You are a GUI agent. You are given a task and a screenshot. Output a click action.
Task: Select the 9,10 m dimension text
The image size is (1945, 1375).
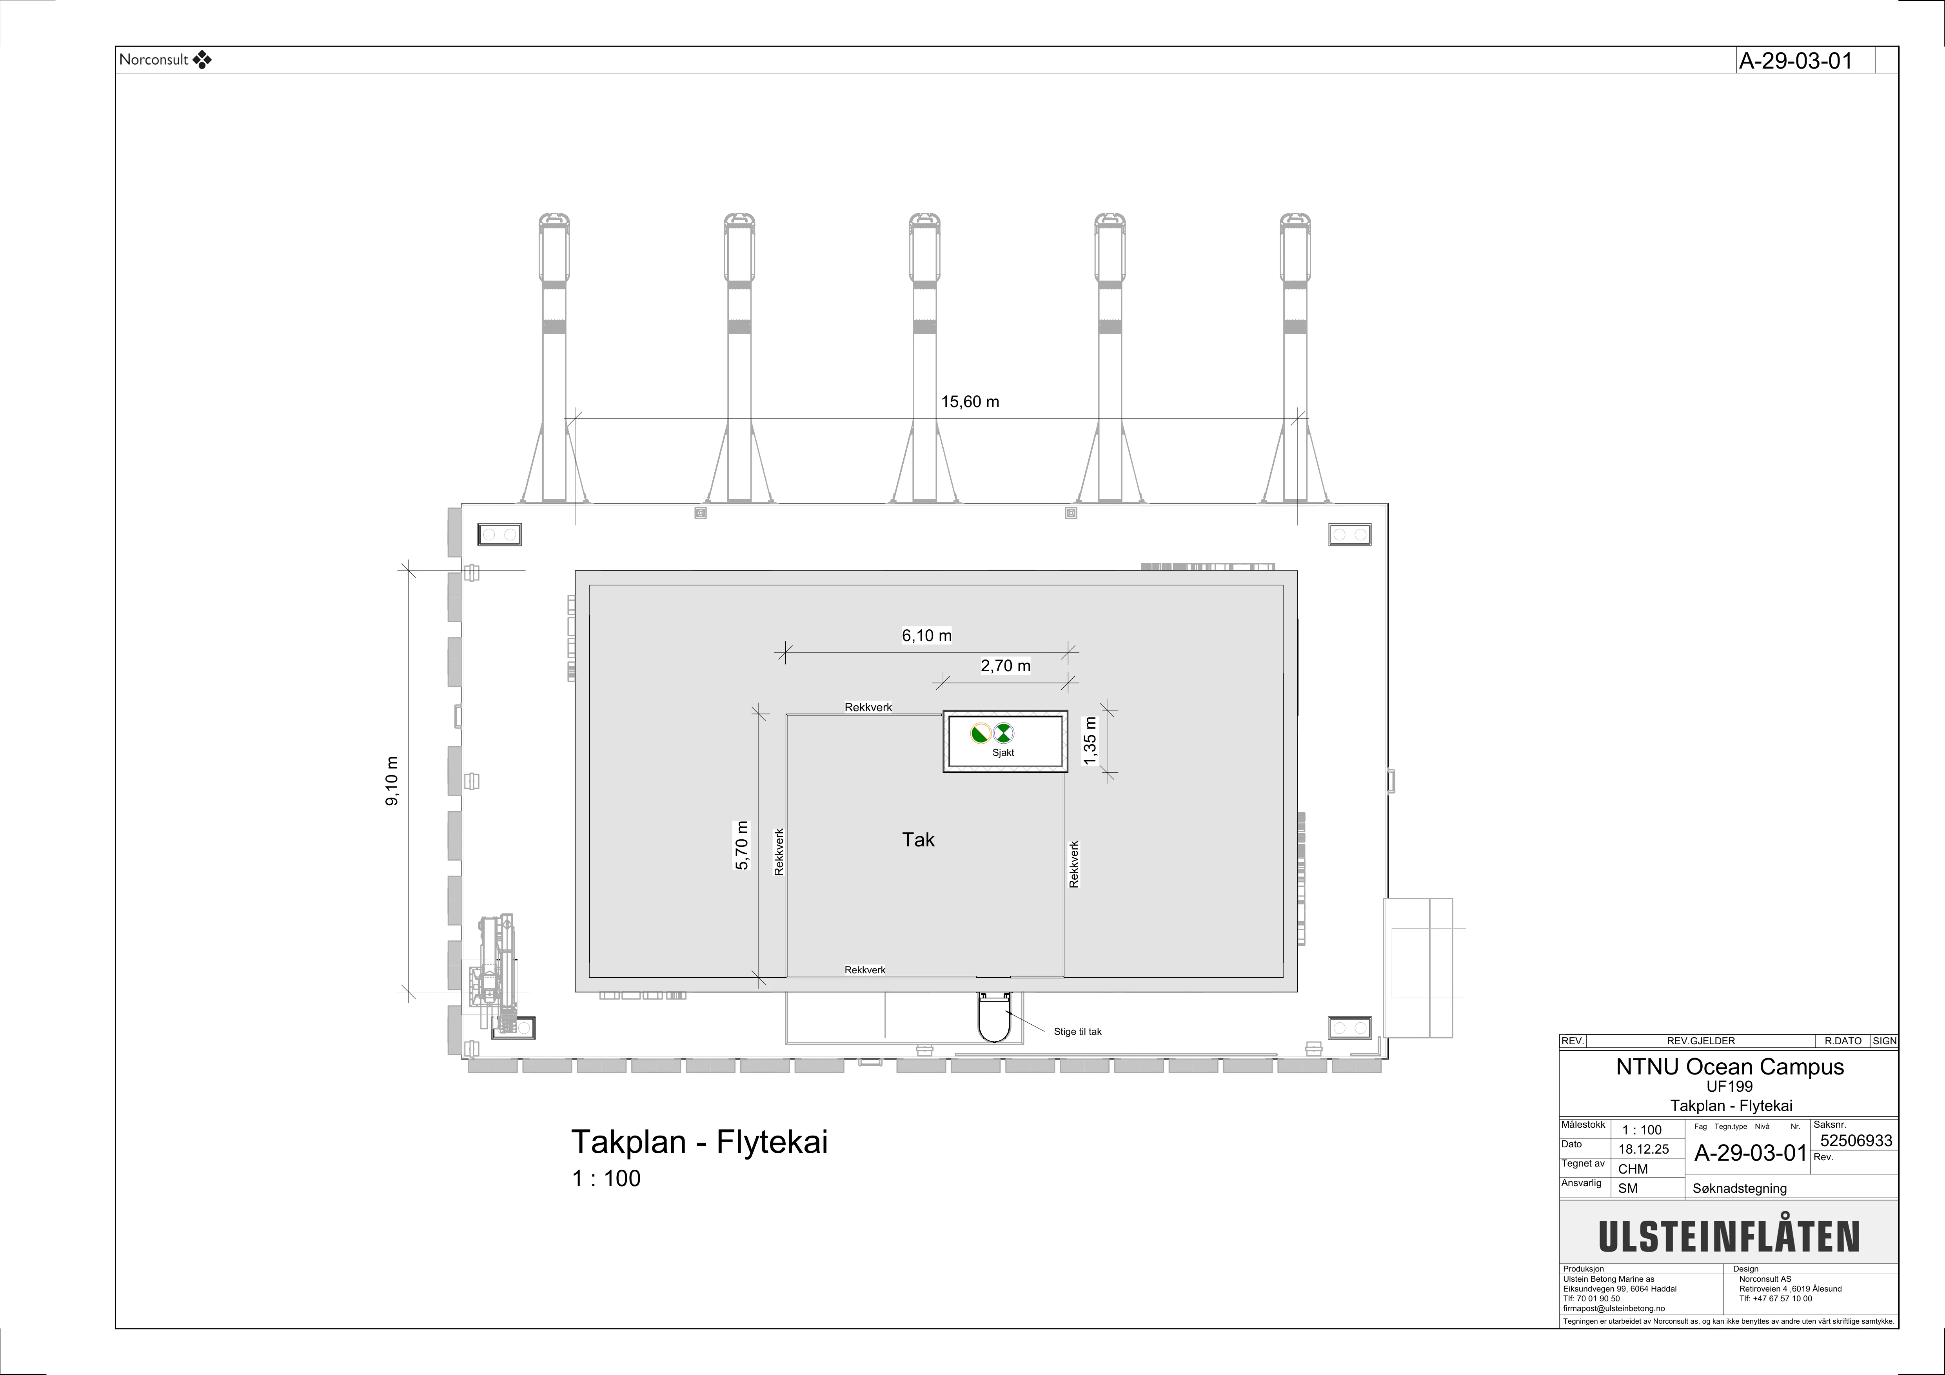pos(392,781)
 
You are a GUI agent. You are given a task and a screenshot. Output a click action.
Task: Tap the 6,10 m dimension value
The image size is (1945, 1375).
pos(927,635)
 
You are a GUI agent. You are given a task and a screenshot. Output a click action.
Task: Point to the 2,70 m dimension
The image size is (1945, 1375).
pos(1006,665)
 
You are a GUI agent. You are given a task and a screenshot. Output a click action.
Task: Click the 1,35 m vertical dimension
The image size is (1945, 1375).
pos(1090,741)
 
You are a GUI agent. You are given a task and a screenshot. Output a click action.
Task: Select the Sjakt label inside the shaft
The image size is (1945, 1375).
pos(1003,753)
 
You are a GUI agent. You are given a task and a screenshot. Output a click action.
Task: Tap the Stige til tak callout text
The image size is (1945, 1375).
pos(1077,1031)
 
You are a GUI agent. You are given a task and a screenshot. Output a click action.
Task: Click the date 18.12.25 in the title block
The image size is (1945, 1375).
pos(1644,1149)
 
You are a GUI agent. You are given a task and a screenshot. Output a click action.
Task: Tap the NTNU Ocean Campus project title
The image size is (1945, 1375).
pos(1730,1067)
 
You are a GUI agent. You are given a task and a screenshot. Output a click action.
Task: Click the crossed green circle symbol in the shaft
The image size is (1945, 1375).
pos(1004,732)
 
